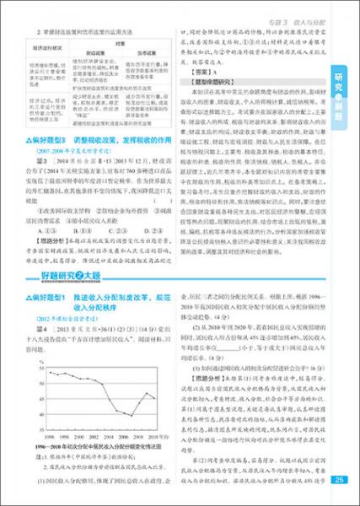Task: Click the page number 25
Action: (339, 481)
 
